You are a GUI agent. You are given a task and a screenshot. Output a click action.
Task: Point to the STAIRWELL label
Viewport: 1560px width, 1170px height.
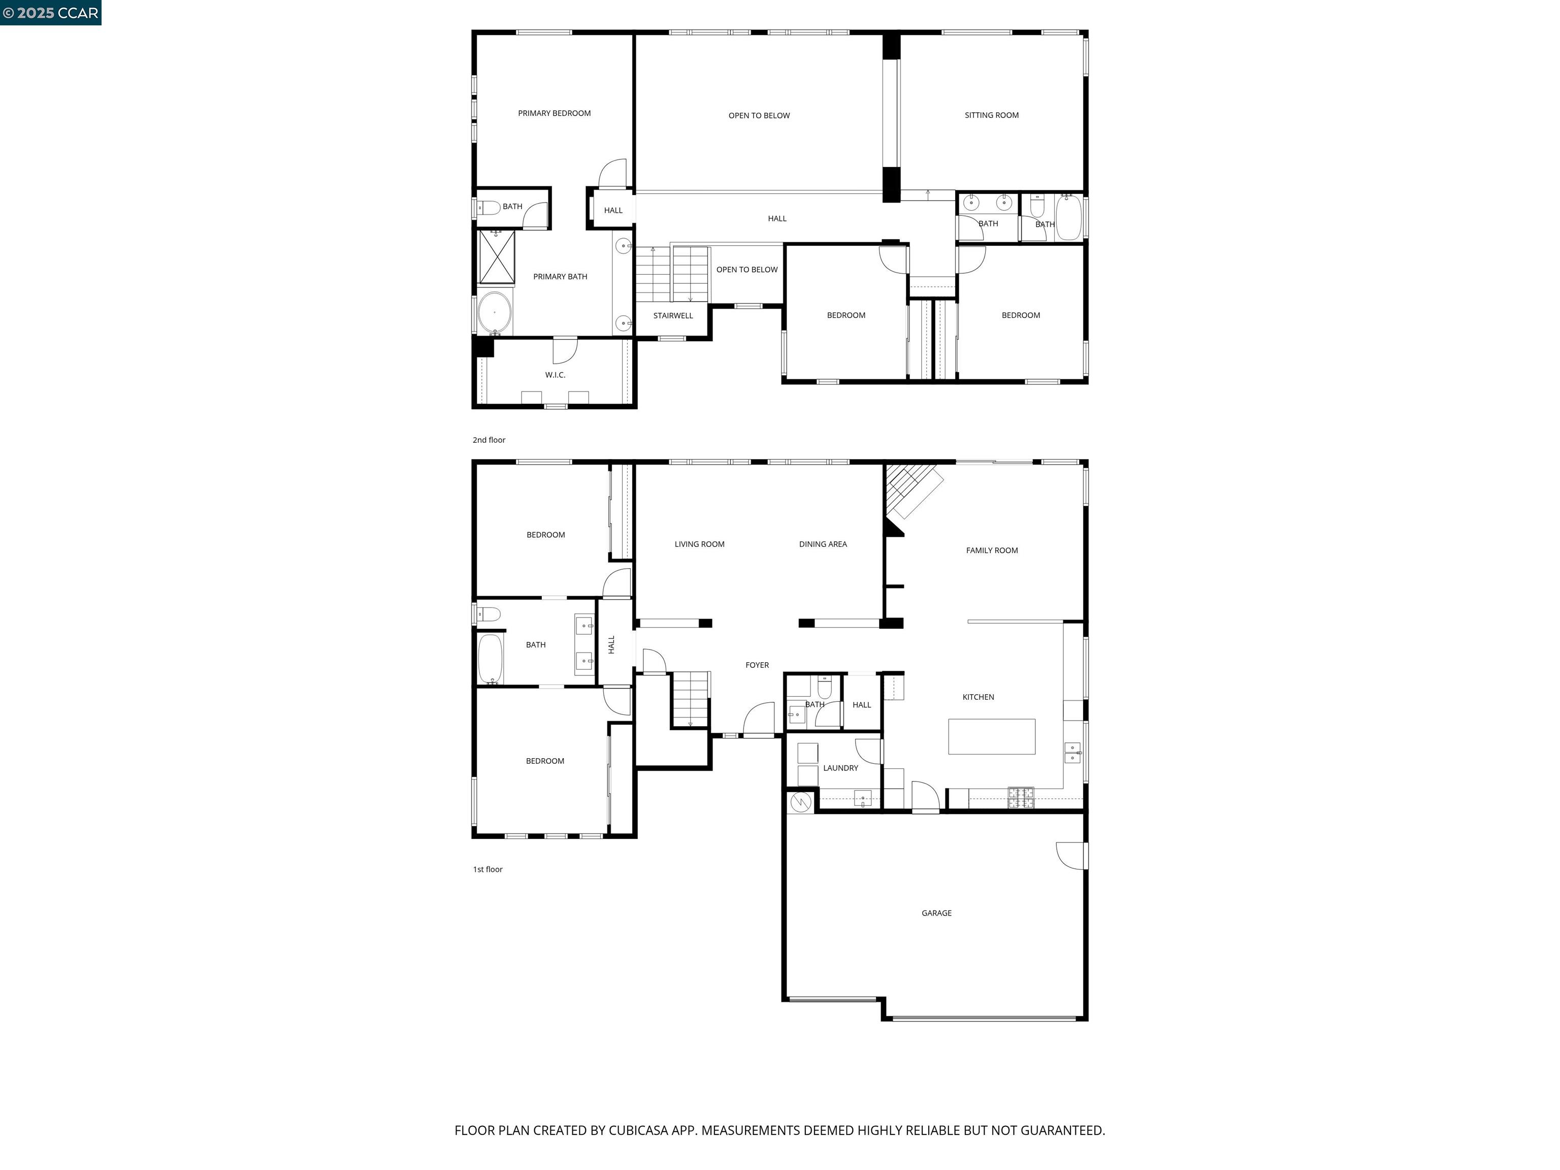pos(673,316)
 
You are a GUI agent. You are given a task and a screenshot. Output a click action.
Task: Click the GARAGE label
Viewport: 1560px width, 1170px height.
pos(936,913)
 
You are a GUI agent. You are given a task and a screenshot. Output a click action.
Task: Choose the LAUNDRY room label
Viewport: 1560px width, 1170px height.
pos(840,768)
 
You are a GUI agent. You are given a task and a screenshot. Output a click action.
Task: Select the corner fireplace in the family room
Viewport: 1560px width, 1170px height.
pos(910,494)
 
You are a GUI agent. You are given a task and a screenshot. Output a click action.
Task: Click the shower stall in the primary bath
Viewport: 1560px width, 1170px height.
pos(497,257)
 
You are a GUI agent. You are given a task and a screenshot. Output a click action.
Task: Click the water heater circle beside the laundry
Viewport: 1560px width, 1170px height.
pos(800,802)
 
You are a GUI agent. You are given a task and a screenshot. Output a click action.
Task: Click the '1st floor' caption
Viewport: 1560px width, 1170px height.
pos(487,869)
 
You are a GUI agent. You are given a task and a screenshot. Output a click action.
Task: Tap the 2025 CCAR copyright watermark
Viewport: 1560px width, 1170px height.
pos(50,13)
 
